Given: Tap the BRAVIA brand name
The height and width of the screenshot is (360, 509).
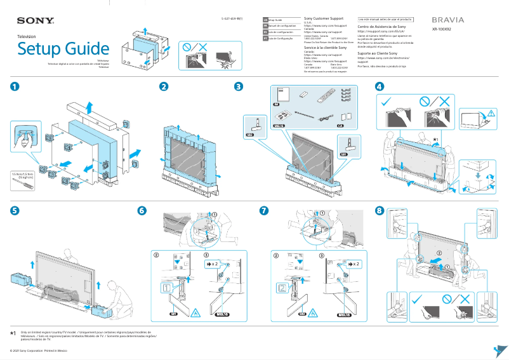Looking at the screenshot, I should tap(447, 20).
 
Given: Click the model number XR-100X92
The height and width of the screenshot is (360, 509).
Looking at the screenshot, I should tap(442, 29).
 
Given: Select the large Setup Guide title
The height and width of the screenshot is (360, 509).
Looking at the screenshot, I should tap(63, 50).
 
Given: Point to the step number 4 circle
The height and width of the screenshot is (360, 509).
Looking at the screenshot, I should tap(380, 87).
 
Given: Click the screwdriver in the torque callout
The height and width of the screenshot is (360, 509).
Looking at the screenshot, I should tap(20, 183).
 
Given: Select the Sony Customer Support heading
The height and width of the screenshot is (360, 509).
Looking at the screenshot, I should tap(326, 20).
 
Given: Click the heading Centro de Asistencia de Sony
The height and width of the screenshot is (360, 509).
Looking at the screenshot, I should tap(381, 27).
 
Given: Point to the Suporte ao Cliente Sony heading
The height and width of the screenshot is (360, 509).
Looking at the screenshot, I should tap(382, 54).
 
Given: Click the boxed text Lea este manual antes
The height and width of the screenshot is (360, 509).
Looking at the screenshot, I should tap(385, 20).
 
